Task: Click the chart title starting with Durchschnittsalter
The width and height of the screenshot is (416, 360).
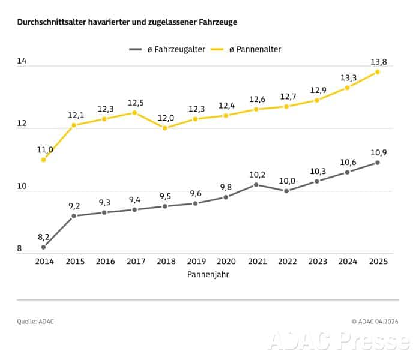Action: point(127,22)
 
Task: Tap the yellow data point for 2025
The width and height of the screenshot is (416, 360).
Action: point(378,72)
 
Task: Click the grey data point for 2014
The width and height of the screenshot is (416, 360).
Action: point(44,247)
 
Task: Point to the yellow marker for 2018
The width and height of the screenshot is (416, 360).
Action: point(166,128)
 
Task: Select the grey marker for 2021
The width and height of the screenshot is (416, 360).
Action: point(256,185)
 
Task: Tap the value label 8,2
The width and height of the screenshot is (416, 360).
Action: point(43,237)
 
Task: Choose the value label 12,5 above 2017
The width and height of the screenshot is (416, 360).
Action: point(135,103)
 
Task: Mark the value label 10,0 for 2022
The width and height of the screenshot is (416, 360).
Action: point(286,181)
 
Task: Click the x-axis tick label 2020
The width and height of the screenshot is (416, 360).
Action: point(226,262)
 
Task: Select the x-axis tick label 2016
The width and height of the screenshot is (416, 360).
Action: point(105,262)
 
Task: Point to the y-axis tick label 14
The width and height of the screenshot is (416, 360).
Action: point(22,61)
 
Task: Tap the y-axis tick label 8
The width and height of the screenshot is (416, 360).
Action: point(19,249)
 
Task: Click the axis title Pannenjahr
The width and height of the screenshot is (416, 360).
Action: point(208,275)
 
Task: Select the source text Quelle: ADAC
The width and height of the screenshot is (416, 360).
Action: point(35,322)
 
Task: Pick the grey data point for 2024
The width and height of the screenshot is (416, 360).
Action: point(347,172)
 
